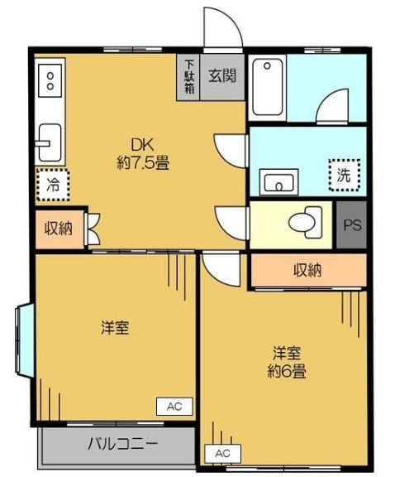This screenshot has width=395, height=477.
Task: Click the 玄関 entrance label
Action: pyautogui.click(x=222, y=76)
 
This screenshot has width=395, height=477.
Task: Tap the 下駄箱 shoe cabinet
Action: pyautogui.click(x=189, y=76)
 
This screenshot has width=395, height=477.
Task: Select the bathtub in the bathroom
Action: pyautogui.click(x=267, y=87)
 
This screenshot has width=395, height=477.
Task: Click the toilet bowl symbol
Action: pyautogui.click(x=303, y=221)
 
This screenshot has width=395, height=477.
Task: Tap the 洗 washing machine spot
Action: pyautogui.click(x=341, y=175)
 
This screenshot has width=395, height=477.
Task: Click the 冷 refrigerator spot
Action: pyautogui.click(x=50, y=185)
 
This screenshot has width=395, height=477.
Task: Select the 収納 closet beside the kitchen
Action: pyautogui.click(x=58, y=230)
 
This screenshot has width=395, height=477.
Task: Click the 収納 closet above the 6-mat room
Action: pyautogui.click(x=307, y=270)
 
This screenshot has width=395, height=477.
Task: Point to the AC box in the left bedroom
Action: pyautogui.click(x=174, y=406)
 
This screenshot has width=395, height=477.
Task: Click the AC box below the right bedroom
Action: pyautogui.click(x=222, y=453)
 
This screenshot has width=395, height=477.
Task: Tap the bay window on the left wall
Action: pyautogui.click(x=22, y=339)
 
